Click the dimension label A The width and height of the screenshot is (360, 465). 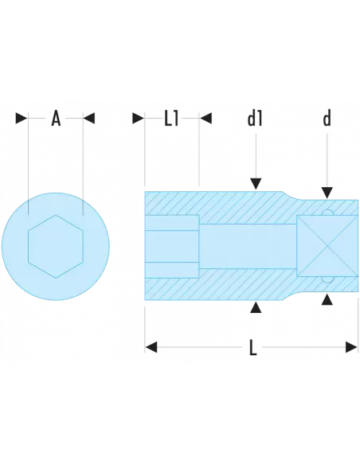click(56, 119)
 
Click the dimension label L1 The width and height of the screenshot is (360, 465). click(172, 119)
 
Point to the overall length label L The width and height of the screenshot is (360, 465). click(252, 346)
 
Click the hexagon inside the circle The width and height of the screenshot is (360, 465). click(55, 244)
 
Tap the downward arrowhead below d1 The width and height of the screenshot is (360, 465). click(255, 184)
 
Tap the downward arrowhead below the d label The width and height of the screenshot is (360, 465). click(327, 192)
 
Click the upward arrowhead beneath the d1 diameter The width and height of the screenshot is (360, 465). click(255, 307)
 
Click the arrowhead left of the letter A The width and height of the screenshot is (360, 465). click(22, 119)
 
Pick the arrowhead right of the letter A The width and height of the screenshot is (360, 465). click(90, 119)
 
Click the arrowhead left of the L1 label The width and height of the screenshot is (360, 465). click(138, 119)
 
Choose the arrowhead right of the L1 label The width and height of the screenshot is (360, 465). click(205, 119)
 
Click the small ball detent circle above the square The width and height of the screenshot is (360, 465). click(327, 212)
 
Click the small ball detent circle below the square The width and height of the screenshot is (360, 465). click(327, 279)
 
